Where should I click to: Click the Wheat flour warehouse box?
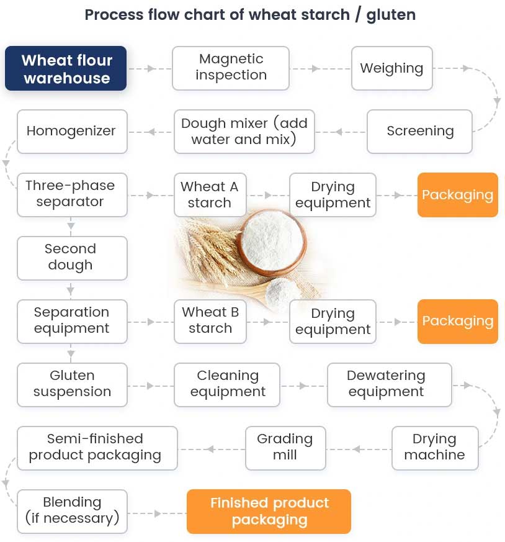coord(66,69)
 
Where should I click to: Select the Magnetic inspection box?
coord(231,67)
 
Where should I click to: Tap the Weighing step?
coord(391,68)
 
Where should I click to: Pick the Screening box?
coord(419,132)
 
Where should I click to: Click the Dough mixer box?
coord(244,132)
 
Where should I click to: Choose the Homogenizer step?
coord(71,132)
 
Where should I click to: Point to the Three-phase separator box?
coord(70,194)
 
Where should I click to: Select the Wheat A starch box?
coord(209,195)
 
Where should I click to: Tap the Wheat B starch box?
coord(210,321)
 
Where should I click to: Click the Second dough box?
coord(71,258)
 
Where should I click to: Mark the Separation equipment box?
coord(71,321)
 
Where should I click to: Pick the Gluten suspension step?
coord(72,384)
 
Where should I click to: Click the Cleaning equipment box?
coord(227,384)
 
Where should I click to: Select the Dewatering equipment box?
coord(386,384)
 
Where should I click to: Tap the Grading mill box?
coord(285,447)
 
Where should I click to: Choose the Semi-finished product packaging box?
coord(96,447)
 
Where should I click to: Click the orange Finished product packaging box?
coord(269,511)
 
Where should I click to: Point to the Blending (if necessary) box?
coord(72,510)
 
